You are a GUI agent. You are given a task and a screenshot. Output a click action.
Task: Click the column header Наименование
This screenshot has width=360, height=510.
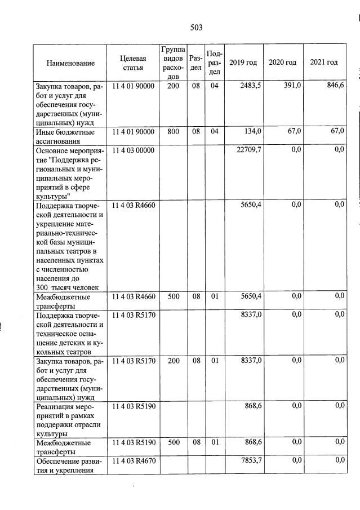coord(70,63)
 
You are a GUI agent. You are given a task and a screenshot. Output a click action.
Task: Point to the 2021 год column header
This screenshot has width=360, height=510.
coord(324,63)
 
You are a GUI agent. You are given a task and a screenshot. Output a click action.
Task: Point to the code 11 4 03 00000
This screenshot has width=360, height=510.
coord(133,149)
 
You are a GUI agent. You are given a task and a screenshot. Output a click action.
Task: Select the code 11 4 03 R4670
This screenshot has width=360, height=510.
coord(133,461)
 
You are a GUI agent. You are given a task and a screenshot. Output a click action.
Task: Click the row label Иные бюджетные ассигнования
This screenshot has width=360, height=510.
coord(65,136)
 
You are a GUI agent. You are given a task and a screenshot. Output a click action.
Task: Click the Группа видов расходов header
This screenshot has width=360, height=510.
coord(173,63)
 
